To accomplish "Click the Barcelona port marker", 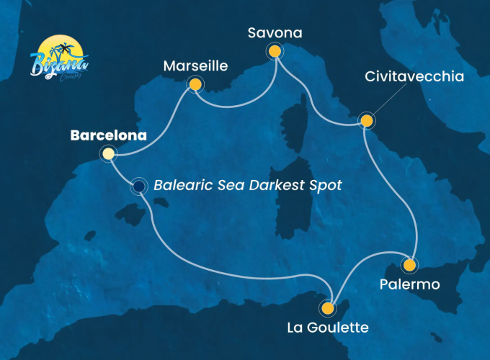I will [108, 153].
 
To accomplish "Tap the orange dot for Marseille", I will [194, 85].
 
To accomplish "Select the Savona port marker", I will [274, 51].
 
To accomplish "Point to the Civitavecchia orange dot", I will [366, 120].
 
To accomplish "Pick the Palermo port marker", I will [409, 265].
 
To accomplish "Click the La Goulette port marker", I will [328, 309].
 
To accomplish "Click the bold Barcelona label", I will [109, 135].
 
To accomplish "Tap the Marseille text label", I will [195, 66].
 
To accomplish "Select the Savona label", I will [274, 33].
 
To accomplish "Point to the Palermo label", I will [409, 285].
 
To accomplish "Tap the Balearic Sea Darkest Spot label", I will [247, 185].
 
